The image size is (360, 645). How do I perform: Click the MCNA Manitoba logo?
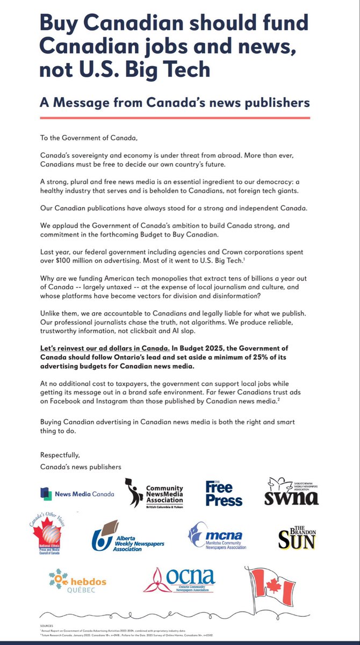(x=217, y=537)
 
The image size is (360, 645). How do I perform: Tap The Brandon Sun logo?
(x=296, y=538)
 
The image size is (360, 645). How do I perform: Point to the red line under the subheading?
(x=175, y=118)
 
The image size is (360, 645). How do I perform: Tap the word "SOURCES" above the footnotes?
(x=47, y=626)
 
